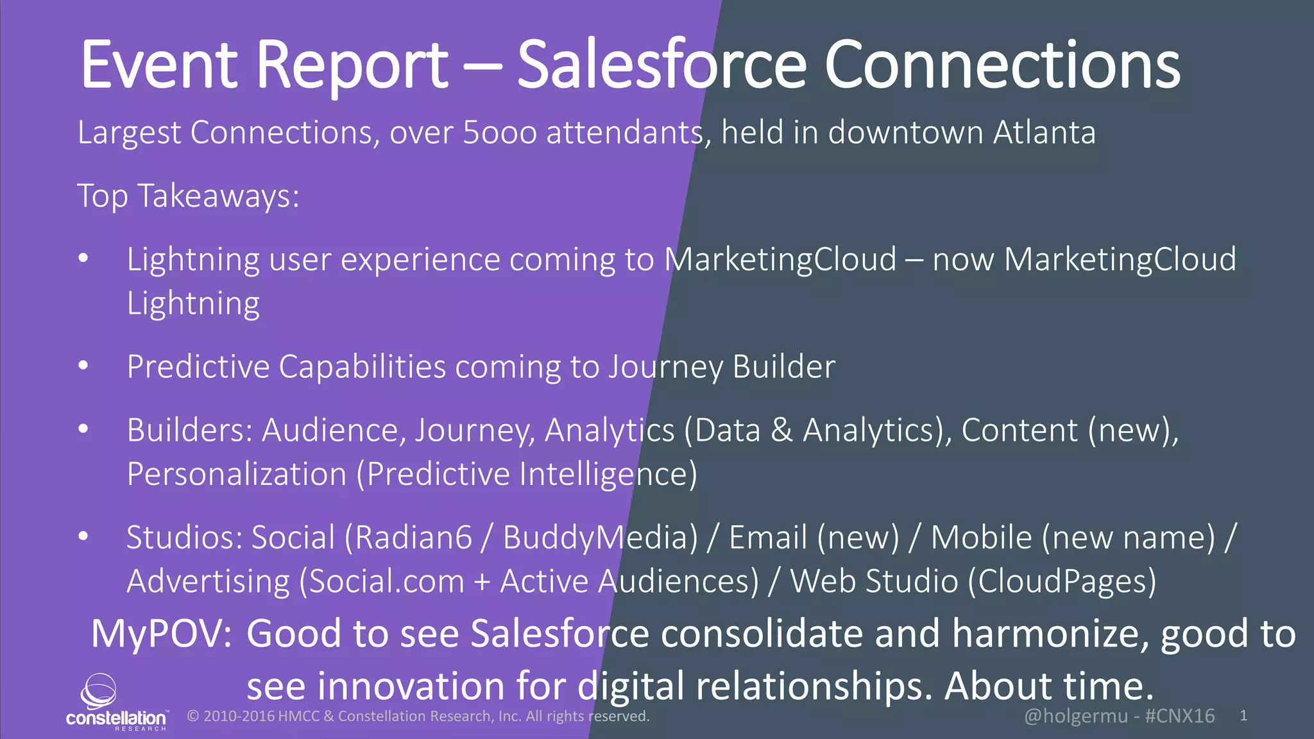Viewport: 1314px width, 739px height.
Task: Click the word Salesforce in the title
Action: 661,65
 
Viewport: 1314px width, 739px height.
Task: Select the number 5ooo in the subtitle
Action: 499,133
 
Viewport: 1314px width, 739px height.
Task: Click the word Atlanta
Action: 1044,133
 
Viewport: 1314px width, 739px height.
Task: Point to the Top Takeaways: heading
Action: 188,196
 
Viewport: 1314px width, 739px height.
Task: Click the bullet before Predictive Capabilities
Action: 83,366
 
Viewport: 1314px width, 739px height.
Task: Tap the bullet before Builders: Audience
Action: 83,429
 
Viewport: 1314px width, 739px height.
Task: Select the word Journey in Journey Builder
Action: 665,368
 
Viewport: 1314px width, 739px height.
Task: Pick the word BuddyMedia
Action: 600,538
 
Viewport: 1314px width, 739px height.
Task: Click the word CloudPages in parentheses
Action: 1062,581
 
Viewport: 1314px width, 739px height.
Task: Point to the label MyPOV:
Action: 161,634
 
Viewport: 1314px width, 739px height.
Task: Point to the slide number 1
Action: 1243,716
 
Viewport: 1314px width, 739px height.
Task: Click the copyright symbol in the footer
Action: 192,716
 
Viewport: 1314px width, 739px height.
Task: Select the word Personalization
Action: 237,475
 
